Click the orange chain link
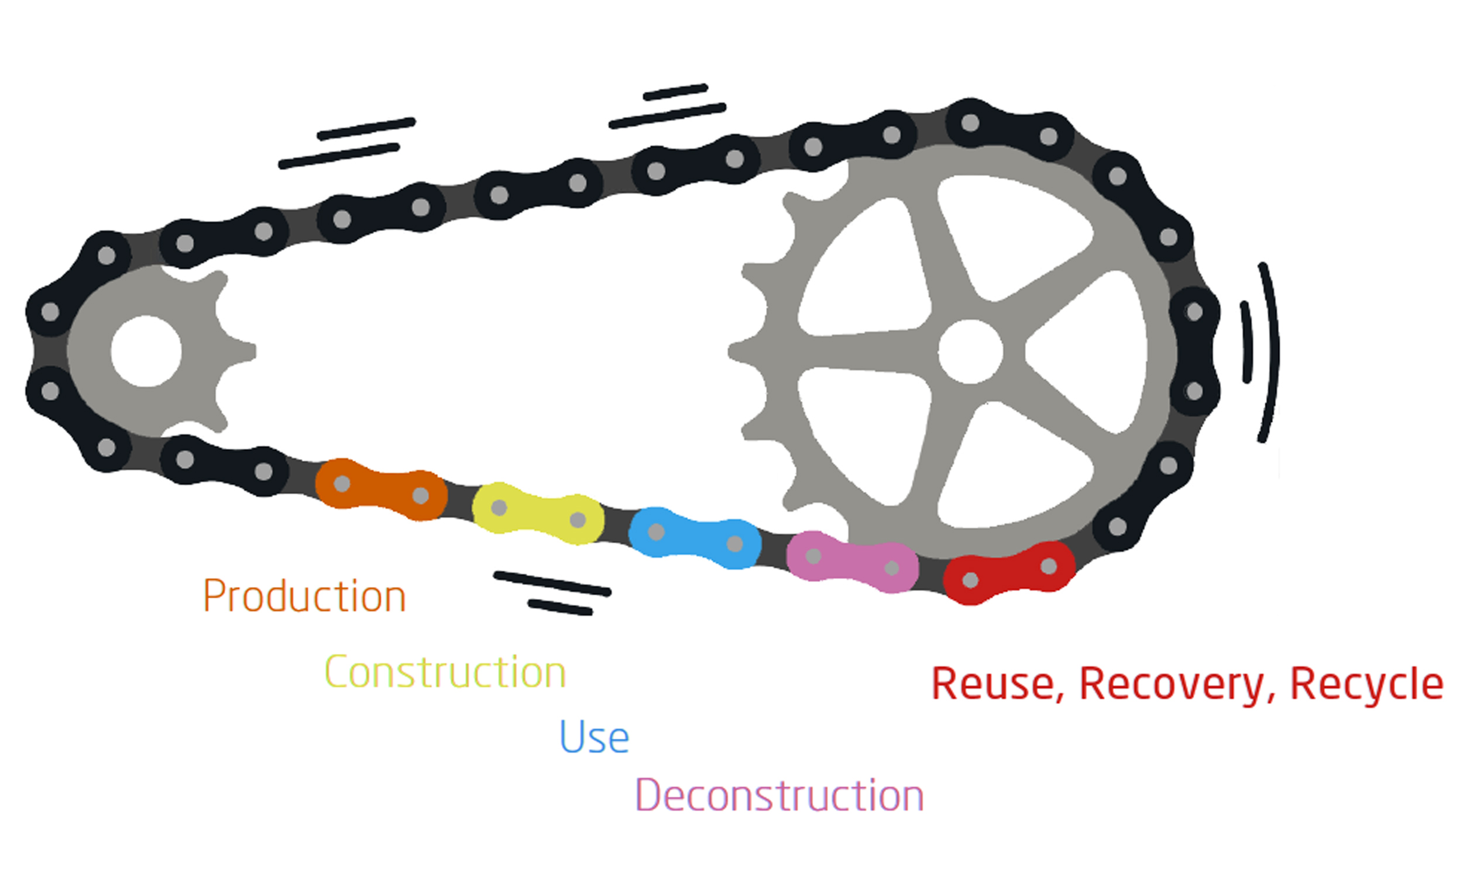click(381, 490)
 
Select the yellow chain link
click(538, 513)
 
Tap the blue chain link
click(695, 537)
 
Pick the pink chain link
click(852, 561)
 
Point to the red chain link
click(1008, 573)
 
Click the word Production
click(304, 595)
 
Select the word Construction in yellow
click(445, 672)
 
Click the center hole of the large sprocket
click(970, 351)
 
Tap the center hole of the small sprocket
click(146, 351)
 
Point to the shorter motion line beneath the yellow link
click(560, 607)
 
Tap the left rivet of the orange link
click(342, 483)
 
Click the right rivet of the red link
click(1048, 566)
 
